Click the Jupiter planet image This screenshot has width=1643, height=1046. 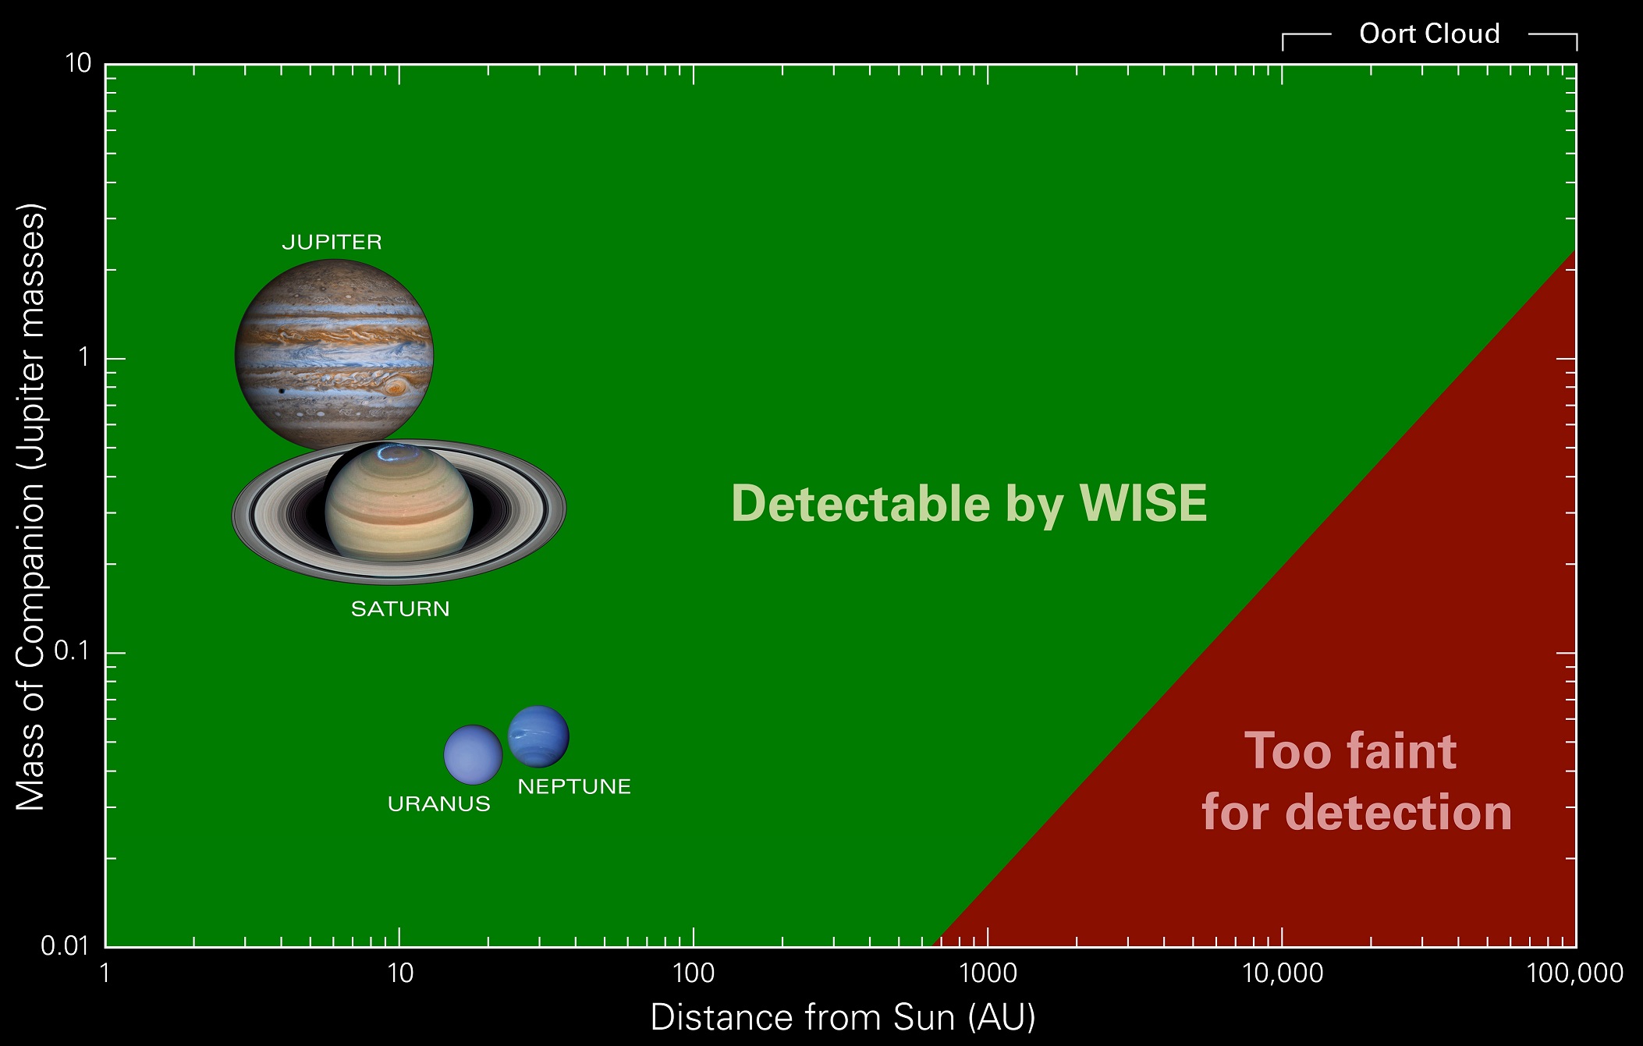point(334,355)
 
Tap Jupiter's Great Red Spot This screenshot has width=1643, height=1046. point(396,387)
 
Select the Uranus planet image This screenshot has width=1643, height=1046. point(473,754)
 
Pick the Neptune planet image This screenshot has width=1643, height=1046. point(538,736)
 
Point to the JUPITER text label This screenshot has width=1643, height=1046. point(332,242)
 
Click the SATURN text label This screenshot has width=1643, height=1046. point(400,609)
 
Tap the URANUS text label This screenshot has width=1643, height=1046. point(439,804)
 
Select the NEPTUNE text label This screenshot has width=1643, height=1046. point(574,787)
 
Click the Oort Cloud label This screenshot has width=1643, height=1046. point(1429,34)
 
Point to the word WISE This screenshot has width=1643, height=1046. point(1143,503)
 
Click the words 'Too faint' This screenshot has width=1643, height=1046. point(1350,751)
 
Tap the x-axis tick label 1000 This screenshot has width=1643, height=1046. point(988,973)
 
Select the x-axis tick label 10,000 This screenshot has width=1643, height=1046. point(1283,973)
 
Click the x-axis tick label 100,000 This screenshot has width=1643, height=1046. point(1574,973)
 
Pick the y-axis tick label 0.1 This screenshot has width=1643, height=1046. point(73,651)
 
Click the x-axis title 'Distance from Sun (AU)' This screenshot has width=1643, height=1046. point(843,1017)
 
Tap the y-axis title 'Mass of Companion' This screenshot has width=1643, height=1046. point(31,507)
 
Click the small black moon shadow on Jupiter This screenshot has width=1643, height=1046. point(282,391)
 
